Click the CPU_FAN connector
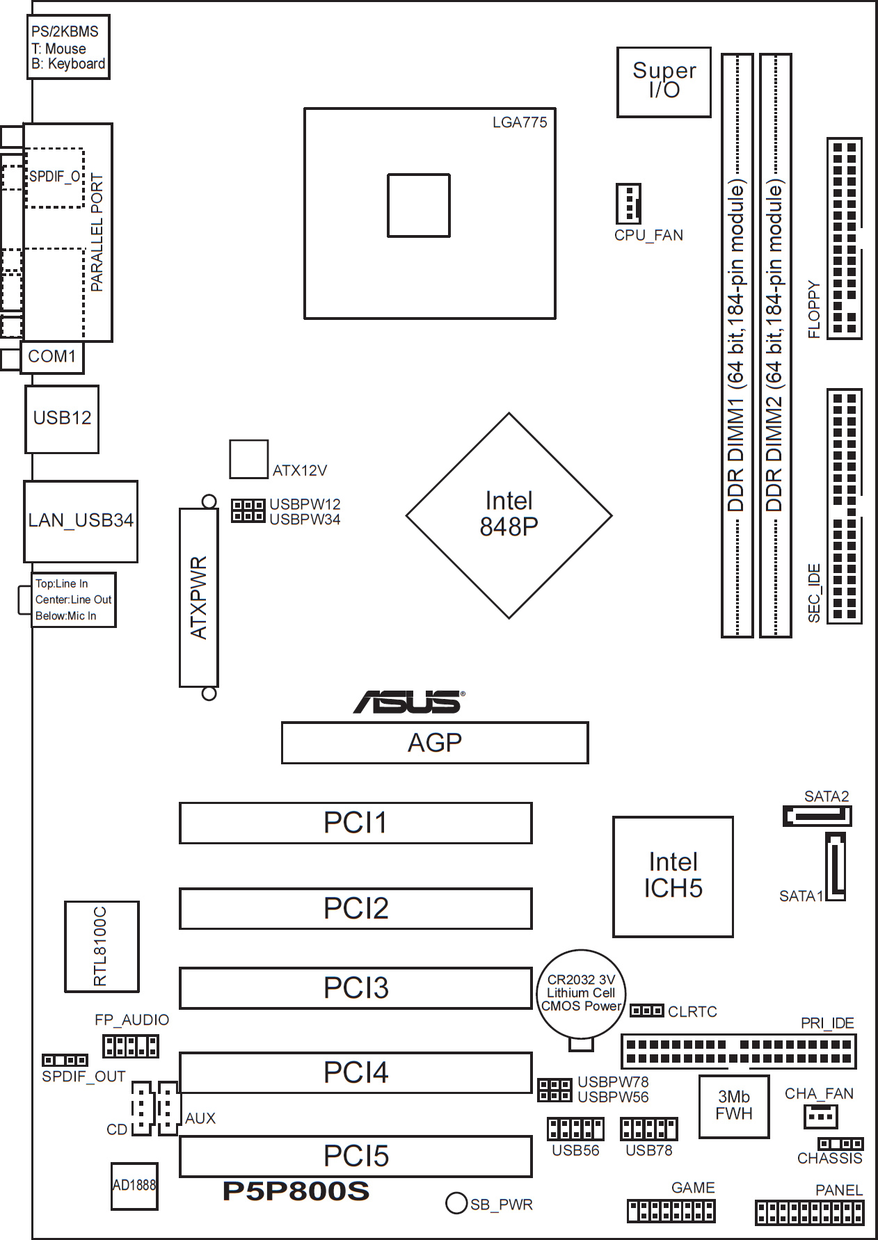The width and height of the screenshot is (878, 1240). click(x=628, y=204)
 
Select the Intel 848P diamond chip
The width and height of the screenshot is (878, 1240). click(x=509, y=515)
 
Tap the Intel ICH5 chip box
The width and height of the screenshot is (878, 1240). click(x=673, y=876)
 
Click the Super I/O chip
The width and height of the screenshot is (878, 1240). click(x=664, y=82)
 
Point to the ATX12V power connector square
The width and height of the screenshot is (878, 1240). click(x=249, y=459)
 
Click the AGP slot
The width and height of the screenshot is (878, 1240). click(x=435, y=743)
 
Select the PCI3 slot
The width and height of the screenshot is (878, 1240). click(x=356, y=988)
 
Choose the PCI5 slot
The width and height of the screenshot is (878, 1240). click(x=356, y=1156)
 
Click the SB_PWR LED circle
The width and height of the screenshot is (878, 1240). click(x=456, y=1203)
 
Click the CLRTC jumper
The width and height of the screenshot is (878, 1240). click(x=646, y=1010)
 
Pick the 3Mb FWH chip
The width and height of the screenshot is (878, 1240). click(x=734, y=1106)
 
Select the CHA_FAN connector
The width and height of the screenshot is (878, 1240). click(x=820, y=1116)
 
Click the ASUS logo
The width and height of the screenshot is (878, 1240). click(x=409, y=702)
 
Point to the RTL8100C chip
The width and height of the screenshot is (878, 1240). click(x=102, y=946)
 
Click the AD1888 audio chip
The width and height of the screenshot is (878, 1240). click(x=134, y=1186)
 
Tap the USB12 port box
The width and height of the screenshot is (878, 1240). click(x=62, y=419)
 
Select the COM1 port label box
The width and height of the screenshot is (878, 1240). click(x=52, y=357)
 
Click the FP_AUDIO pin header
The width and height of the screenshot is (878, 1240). click(x=130, y=1046)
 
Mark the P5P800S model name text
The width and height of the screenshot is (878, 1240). click(x=296, y=1191)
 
